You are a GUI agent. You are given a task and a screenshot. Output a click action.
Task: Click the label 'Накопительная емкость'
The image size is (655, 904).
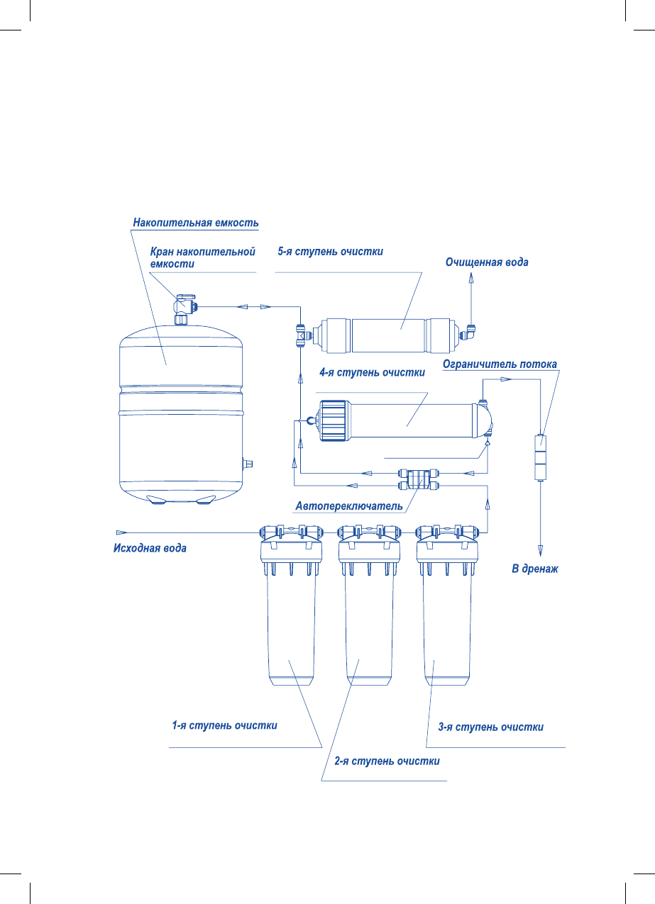pos(196,223)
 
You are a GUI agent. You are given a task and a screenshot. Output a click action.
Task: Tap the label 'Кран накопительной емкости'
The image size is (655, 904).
pos(202,257)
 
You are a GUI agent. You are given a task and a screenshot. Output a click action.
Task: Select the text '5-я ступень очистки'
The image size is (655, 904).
pos(331,252)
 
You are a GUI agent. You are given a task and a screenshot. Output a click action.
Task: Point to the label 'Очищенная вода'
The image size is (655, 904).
pos(487,262)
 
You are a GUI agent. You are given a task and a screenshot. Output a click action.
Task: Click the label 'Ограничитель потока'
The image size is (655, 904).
pos(500,364)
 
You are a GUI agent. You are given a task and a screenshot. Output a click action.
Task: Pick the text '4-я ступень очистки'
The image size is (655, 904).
pos(372,373)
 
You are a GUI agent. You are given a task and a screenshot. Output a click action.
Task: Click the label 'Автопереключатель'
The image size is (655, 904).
pos(349,506)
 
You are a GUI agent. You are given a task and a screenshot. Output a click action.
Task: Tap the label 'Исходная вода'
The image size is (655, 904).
pos(150,548)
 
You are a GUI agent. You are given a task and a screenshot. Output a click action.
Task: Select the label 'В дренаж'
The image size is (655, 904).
pos(535,569)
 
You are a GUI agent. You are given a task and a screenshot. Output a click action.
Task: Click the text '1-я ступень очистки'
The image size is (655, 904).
pos(224,726)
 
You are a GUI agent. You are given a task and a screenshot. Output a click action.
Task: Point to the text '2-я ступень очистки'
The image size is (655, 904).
pos(387,761)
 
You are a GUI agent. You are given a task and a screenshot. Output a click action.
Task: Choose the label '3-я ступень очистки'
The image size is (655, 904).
pos(491,727)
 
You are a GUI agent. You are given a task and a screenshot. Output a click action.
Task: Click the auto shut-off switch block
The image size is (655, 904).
pos(417,478)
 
